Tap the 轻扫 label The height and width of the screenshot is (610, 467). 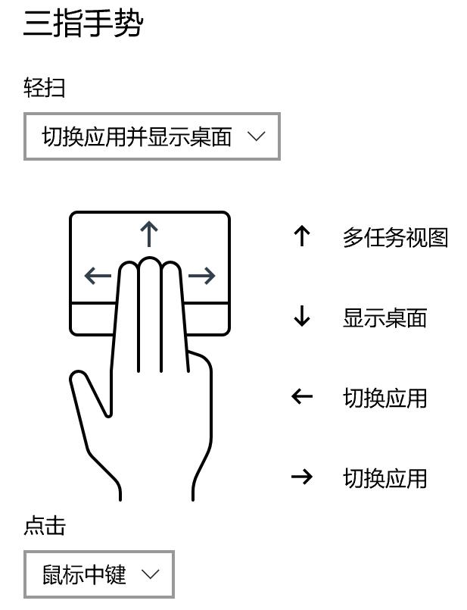click(x=45, y=88)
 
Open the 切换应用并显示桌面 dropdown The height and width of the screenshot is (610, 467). click(x=151, y=136)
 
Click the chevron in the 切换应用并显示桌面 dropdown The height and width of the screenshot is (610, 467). click(x=257, y=136)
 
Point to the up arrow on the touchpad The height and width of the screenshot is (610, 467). click(x=150, y=234)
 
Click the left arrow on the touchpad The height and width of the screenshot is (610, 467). click(x=98, y=276)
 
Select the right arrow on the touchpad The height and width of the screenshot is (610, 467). click(x=201, y=276)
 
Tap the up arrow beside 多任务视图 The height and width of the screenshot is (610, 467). click(x=302, y=236)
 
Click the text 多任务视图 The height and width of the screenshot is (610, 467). click(x=395, y=238)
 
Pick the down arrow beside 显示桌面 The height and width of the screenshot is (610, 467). click(x=302, y=317)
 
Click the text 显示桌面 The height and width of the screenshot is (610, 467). click(x=384, y=318)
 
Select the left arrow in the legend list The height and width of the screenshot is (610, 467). click(x=302, y=396)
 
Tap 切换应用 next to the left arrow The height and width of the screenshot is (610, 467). click(x=384, y=398)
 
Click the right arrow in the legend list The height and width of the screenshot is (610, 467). click(x=302, y=477)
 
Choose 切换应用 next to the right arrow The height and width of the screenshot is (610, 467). click(x=384, y=478)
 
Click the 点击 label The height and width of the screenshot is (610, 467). click(x=45, y=526)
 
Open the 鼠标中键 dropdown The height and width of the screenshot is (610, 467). click(x=98, y=574)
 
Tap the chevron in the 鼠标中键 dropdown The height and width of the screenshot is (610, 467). click(x=151, y=574)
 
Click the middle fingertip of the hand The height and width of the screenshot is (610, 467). click(x=150, y=267)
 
